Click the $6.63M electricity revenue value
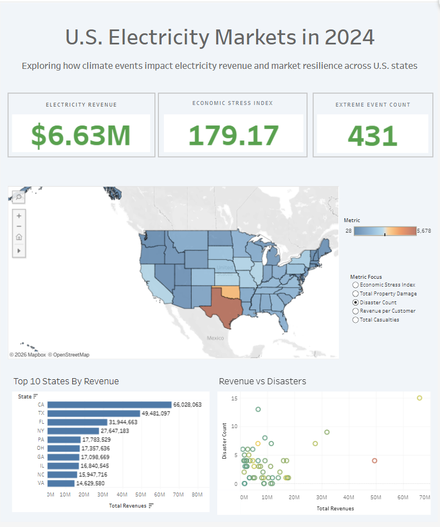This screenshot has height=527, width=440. [81, 135]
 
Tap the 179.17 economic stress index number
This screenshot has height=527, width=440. [232, 135]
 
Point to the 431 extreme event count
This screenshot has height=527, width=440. [373, 135]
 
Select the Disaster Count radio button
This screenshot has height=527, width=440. [356, 302]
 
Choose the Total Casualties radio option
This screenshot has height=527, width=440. [356, 320]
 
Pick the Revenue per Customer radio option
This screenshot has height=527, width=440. [356, 311]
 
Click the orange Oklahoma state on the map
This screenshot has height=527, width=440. [229, 292]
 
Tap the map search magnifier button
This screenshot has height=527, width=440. [19, 197]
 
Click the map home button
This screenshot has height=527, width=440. [19, 237]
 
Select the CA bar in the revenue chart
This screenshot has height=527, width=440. [109, 405]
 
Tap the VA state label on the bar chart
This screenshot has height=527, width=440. [41, 484]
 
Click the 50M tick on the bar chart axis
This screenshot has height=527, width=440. [141, 495]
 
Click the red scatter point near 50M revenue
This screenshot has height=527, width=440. [374, 460]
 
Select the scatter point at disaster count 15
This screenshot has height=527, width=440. [419, 398]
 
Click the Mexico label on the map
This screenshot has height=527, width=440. [215, 338]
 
